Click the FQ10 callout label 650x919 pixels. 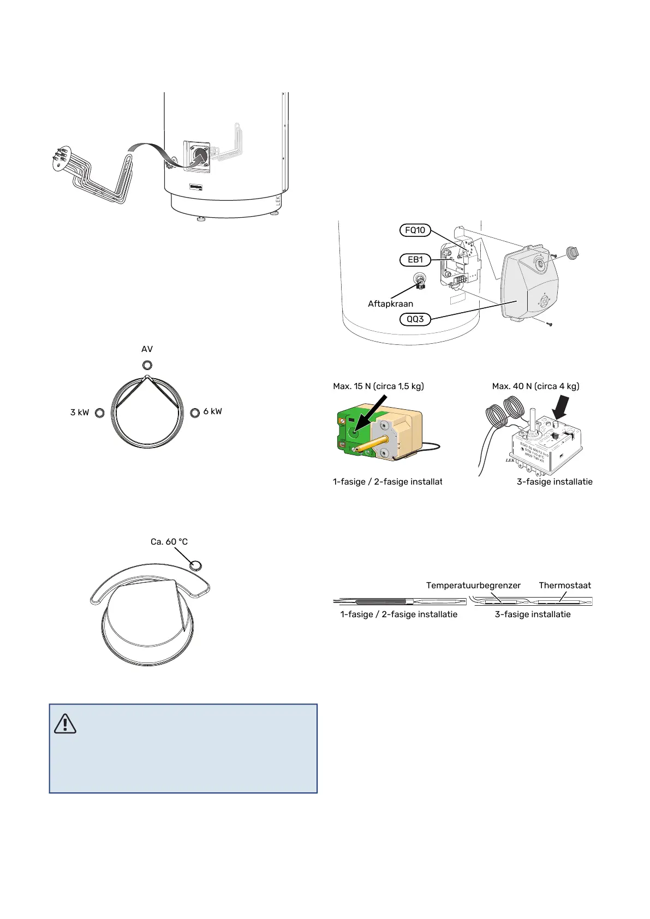pyautogui.click(x=415, y=230)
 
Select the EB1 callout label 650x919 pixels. pyautogui.click(x=415, y=260)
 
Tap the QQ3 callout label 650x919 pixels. pyautogui.click(x=415, y=319)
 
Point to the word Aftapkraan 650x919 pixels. pyautogui.click(x=390, y=304)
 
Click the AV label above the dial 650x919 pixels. pyautogui.click(x=147, y=349)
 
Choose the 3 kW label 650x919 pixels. pyautogui.click(x=80, y=413)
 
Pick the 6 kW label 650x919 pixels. pyautogui.click(x=212, y=411)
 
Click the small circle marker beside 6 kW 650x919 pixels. pyautogui.click(x=195, y=413)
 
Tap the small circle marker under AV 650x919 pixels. pyautogui.click(x=147, y=365)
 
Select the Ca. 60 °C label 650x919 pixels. pyautogui.click(x=169, y=542)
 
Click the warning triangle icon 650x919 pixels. pyautogui.click(x=65, y=724)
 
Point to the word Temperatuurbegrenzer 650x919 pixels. pyautogui.click(x=473, y=586)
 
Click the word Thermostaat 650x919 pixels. pyautogui.click(x=565, y=586)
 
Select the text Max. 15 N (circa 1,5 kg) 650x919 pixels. pyautogui.click(x=378, y=386)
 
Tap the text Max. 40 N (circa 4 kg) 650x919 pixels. pyautogui.click(x=535, y=386)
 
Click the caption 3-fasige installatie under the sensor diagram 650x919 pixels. pyautogui.click(x=533, y=614)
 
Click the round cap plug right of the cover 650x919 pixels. pyautogui.click(x=571, y=253)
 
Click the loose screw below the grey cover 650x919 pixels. pyautogui.click(x=550, y=324)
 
